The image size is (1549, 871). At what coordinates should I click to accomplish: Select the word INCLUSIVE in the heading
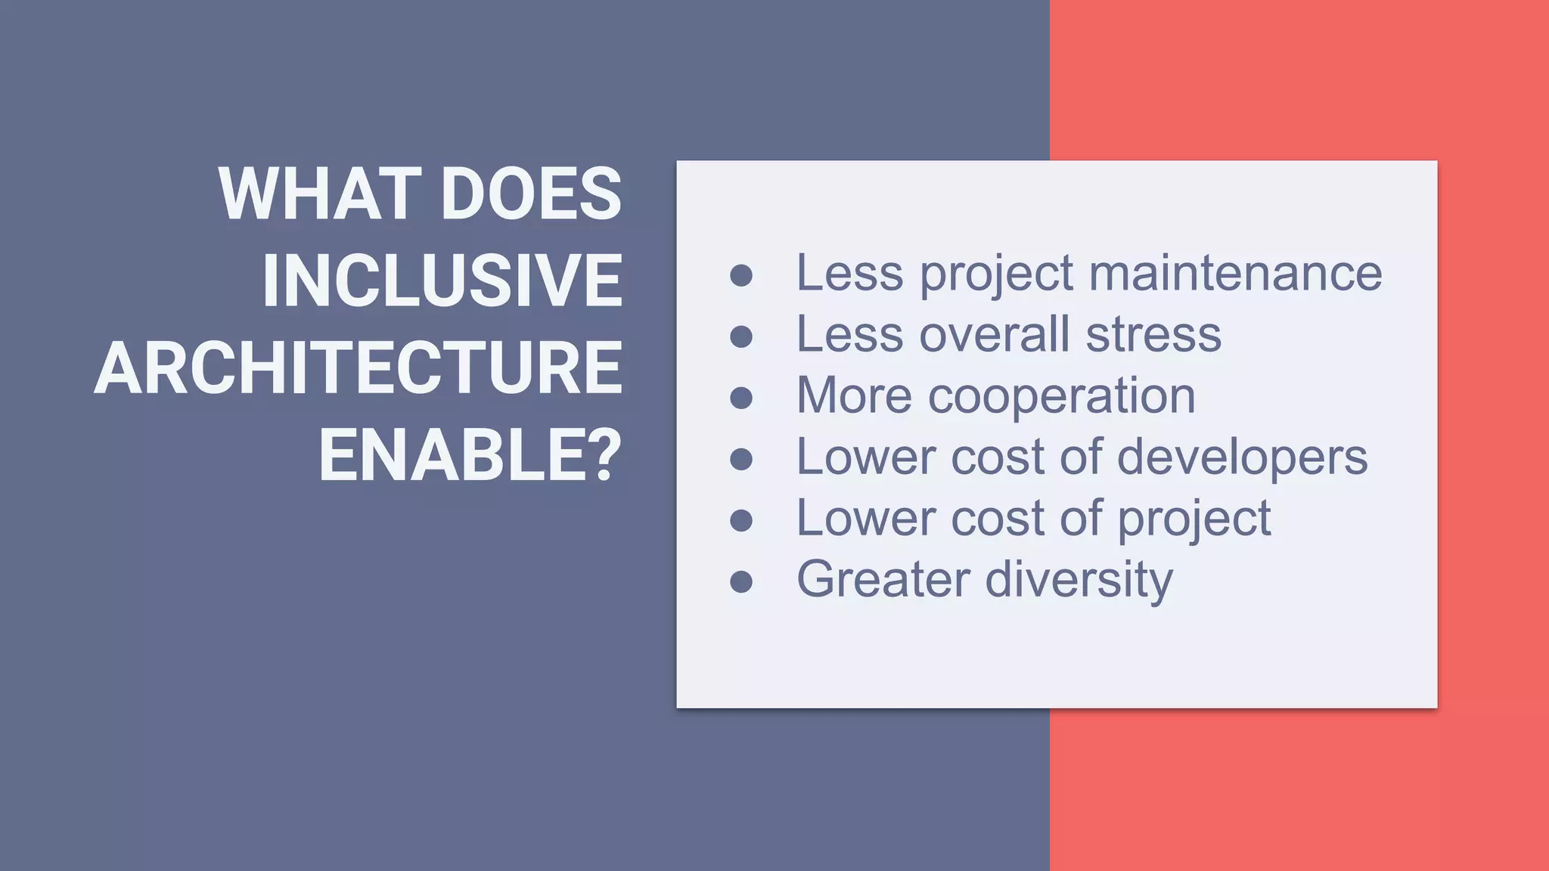(x=442, y=281)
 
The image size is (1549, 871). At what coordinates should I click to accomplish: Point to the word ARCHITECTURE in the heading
(x=358, y=368)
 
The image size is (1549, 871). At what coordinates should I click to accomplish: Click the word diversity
(x=1079, y=581)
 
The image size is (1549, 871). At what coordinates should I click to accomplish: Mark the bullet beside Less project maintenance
(x=741, y=275)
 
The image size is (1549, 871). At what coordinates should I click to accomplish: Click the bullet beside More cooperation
(x=741, y=398)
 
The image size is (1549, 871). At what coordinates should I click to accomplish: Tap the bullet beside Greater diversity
(x=741, y=581)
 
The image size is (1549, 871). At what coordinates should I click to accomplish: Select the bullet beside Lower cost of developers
(x=741, y=459)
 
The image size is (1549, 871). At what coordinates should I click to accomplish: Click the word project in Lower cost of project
(x=1194, y=520)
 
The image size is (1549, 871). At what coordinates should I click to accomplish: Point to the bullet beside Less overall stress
(x=741, y=336)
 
